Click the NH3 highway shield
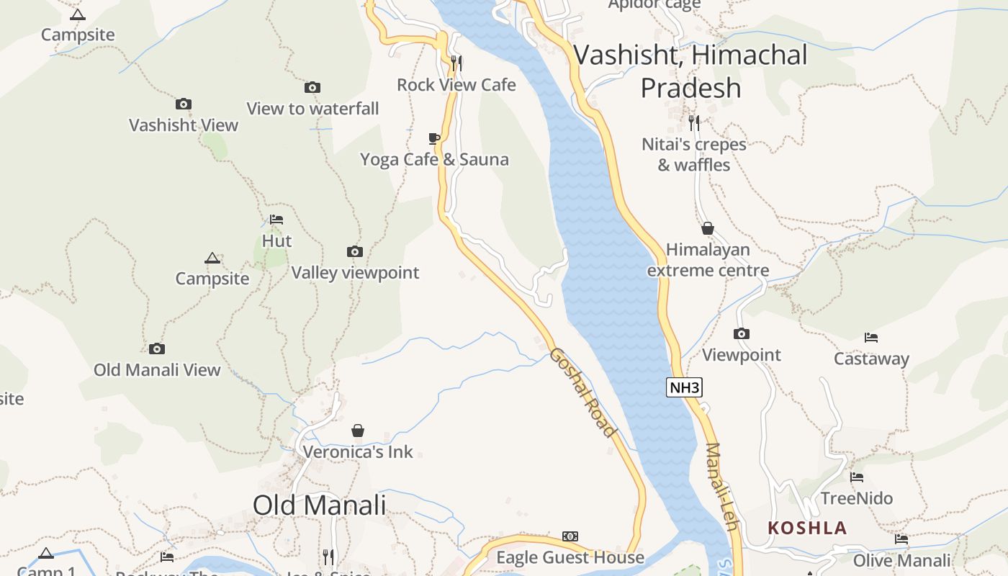[x=684, y=388]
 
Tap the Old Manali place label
[x=319, y=505]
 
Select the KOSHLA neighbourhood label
[x=806, y=528]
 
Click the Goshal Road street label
[x=582, y=392]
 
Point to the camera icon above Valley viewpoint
[x=355, y=251]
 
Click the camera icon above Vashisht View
[x=184, y=104]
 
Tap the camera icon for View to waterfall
[x=312, y=87]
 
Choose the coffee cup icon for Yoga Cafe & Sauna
[x=433, y=138]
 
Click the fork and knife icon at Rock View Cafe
[x=456, y=63]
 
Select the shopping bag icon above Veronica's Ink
[x=358, y=431]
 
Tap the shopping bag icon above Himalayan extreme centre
[x=708, y=228]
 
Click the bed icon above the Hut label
[x=276, y=220]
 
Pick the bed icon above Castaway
[x=871, y=337]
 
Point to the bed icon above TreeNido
[x=857, y=477]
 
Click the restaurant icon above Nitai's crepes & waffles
[x=693, y=122]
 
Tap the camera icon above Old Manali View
[x=157, y=348]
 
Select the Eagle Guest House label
[x=570, y=557]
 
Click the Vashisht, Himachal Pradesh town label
[x=691, y=71]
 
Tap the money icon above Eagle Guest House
[x=570, y=536]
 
